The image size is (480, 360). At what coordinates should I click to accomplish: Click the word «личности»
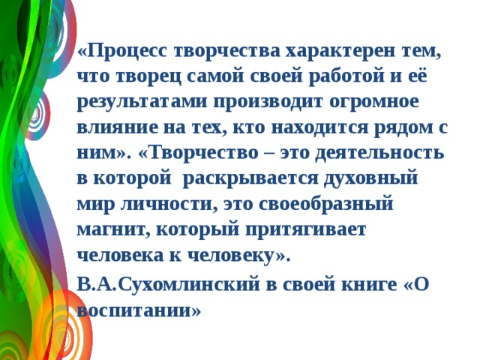(x=151, y=204)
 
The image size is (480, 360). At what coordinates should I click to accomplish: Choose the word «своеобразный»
(x=331, y=204)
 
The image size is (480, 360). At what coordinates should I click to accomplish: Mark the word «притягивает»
(x=306, y=229)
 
